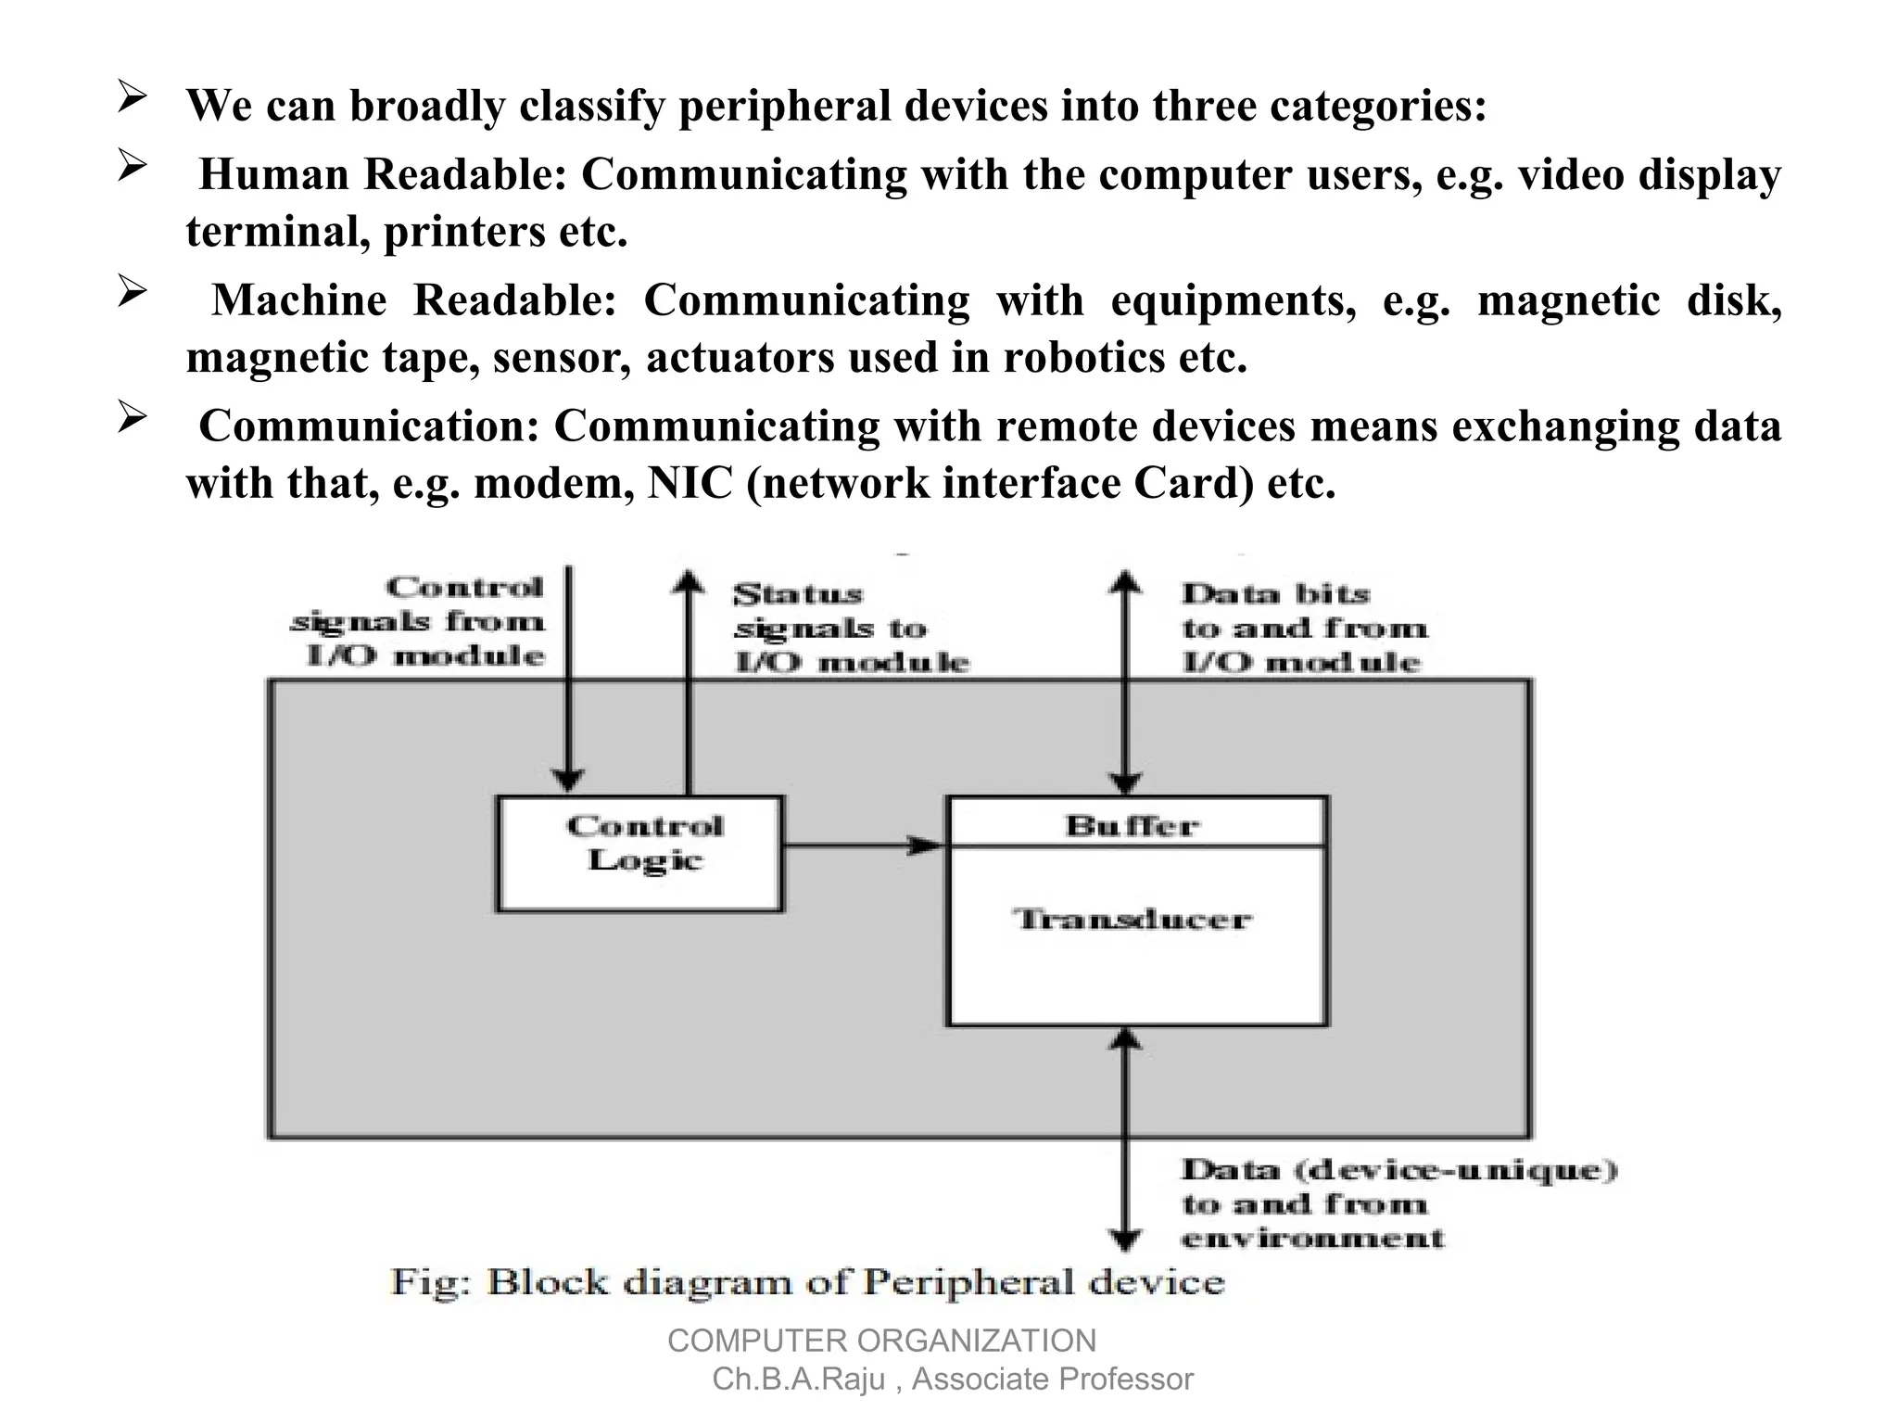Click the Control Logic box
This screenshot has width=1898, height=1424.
(x=639, y=854)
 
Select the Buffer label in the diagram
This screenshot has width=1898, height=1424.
(x=1132, y=825)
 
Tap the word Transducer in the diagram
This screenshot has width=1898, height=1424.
(x=1132, y=920)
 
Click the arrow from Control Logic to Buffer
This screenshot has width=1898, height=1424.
(x=862, y=845)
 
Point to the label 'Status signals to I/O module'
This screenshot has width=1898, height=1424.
(x=848, y=629)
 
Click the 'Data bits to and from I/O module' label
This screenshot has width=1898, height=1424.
(x=1302, y=629)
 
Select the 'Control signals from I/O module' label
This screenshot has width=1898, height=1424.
(x=422, y=621)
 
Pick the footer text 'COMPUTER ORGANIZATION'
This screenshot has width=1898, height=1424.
(x=881, y=1341)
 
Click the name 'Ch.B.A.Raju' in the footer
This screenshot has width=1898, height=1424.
(x=799, y=1379)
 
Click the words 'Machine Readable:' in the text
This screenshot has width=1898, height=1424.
(x=413, y=300)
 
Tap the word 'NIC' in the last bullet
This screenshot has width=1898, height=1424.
(x=690, y=483)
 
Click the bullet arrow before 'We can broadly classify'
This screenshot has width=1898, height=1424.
(x=133, y=97)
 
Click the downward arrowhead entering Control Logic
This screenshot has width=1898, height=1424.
(x=568, y=781)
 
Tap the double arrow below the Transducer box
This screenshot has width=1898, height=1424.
(x=1125, y=1140)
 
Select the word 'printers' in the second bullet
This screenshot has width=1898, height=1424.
(x=463, y=232)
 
